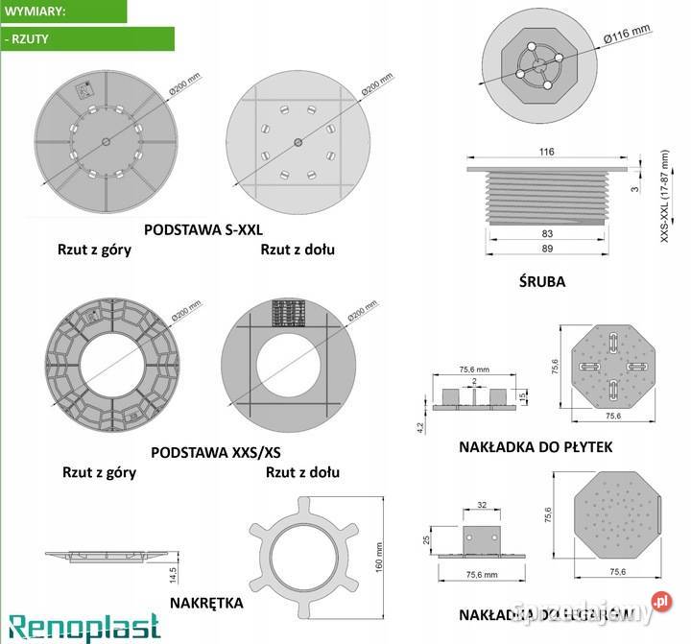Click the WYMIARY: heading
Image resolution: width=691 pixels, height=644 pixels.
(34, 12)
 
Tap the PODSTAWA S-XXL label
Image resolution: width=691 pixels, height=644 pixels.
(203, 229)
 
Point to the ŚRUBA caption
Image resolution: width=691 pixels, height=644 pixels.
(543, 281)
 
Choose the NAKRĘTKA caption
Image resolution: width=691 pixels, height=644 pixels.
(205, 603)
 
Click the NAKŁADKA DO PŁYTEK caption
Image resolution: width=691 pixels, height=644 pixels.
(536, 447)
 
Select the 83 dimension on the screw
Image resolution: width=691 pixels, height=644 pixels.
(547, 233)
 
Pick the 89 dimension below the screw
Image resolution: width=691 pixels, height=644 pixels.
(547, 249)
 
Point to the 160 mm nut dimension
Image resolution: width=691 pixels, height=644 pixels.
(379, 555)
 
